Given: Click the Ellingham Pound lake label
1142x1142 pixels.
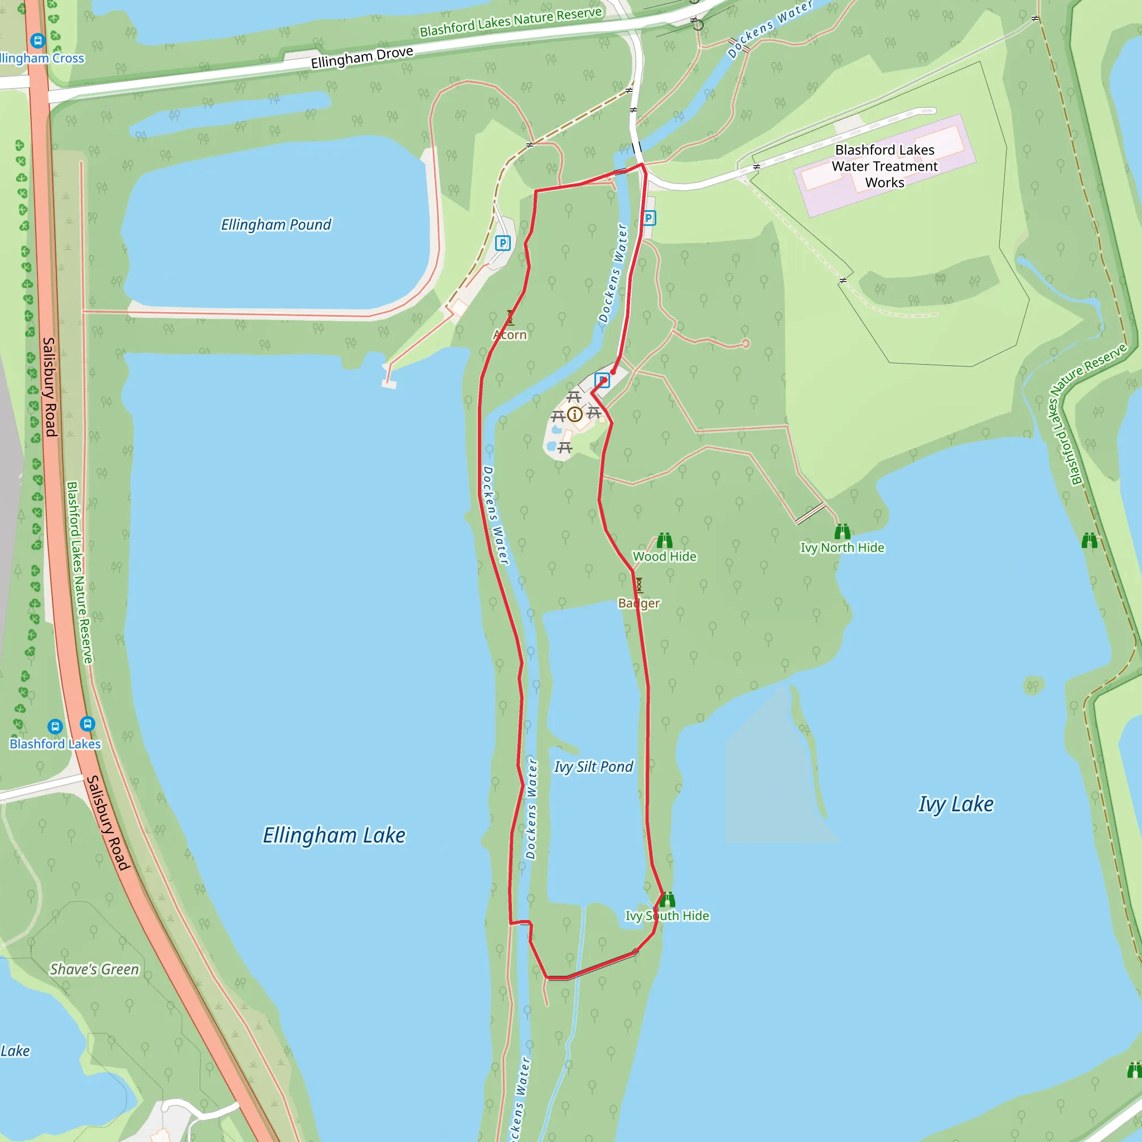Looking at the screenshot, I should pyautogui.click(x=275, y=225).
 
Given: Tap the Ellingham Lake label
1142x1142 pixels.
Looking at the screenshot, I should pyautogui.click(x=334, y=835).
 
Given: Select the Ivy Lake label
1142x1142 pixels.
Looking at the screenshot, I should pyautogui.click(x=955, y=804).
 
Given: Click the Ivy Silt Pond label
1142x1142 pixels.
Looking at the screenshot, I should pyautogui.click(x=593, y=767).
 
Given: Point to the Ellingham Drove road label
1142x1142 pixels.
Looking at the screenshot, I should pyautogui.click(x=362, y=57).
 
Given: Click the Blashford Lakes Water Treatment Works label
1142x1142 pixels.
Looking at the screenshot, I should pyautogui.click(x=884, y=166).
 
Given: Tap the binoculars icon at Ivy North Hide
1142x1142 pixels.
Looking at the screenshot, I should pyautogui.click(x=843, y=531).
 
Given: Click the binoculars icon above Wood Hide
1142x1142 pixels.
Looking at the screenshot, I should pyautogui.click(x=664, y=540).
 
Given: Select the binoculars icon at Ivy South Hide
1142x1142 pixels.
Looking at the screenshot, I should pyautogui.click(x=667, y=899).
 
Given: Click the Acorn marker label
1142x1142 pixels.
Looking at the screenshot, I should pyautogui.click(x=510, y=335).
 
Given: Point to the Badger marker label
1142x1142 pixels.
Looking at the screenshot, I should pyautogui.click(x=638, y=603).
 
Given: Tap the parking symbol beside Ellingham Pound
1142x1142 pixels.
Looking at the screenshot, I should pyautogui.click(x=502, y=243).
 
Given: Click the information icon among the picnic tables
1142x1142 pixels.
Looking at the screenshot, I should pyautogui.click(x=574, y=414).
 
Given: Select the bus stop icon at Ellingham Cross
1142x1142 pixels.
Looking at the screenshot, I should pyautogui.click(x=38, y=41).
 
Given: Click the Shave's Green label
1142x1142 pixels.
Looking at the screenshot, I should pyautogui.click(x=94, y=969).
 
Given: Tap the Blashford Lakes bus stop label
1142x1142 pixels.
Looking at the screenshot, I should pyautogui.click(x=55, y=744).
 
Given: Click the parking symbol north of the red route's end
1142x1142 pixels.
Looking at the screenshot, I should pyautogui.click(x=649, y=218).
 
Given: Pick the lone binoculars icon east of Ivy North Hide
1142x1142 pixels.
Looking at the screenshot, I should pyautogui.click(x=1089, y=540).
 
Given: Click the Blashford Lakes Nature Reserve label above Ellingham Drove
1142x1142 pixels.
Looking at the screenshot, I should pyautogui.click(x=511, y=22).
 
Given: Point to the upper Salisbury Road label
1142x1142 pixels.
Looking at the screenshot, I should pyautogui.click(x=50, y=386).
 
